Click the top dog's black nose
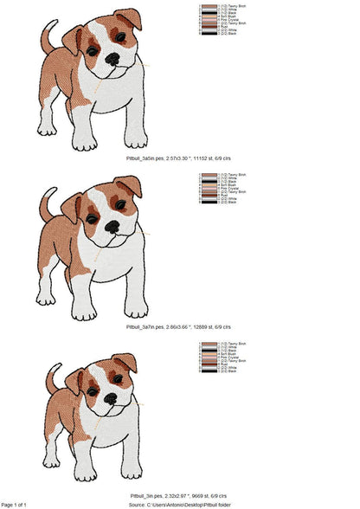(x=112, y=59)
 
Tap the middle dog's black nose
(x=112, y=226)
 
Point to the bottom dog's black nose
(x=111, y=399)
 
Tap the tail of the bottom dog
(x=53, y=377)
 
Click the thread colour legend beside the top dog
(x=222, y=20)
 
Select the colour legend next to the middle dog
(x=222, y=189)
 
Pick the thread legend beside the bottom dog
(x=222, y=358)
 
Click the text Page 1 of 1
(x=15, y=504)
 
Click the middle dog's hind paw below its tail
(x=45, y=298)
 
